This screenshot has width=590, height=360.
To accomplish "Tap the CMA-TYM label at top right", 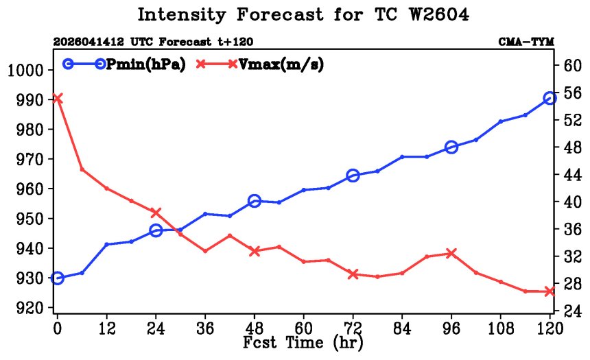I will (526, 42).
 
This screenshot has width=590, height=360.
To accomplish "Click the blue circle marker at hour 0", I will (57, 278).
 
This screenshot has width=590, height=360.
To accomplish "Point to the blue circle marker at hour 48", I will (255, 201).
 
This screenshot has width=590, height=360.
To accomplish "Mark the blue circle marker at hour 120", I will (550, 98).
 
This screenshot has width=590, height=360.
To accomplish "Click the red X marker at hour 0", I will (57, 99).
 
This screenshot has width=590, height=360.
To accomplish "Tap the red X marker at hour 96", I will (451, 253).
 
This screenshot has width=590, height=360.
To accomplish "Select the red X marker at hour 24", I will (156, 213).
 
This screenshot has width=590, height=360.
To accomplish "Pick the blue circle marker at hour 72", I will (353, 176).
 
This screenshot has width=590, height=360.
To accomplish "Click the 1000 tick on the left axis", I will (27, 70).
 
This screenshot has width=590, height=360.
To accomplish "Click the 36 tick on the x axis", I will (205, 327).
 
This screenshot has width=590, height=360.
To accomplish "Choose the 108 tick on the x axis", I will (500, 327).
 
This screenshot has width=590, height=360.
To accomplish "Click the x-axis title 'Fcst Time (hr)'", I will (303, 341).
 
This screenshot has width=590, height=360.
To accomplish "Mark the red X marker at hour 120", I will (550, 291).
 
